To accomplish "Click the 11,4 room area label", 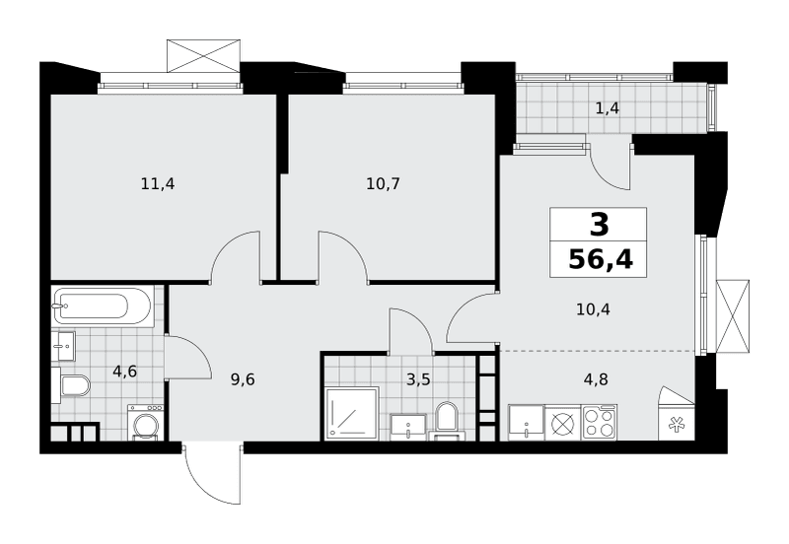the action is pos(158,184).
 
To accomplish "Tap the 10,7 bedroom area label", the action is pos(383,184).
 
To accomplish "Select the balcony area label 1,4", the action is pos(608,108).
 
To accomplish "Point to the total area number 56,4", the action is pos(601,260).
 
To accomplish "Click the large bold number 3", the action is pos(600,225).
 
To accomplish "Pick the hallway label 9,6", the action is pos(243,379).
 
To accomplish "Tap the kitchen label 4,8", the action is pos(596,379).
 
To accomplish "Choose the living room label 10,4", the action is pos(593,309).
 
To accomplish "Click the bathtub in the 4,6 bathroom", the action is pos(102,306).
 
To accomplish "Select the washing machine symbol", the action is pos(145,423).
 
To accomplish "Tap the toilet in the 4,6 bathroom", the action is pos(71,385).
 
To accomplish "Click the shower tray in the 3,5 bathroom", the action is pos(351,414).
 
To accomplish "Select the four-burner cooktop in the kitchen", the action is pos(600,423).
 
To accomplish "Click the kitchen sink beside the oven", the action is pos(527,423).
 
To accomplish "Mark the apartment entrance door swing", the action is pos(211,473).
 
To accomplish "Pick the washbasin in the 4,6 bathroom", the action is pos(63,346).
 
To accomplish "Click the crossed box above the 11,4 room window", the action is pos(203,56).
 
